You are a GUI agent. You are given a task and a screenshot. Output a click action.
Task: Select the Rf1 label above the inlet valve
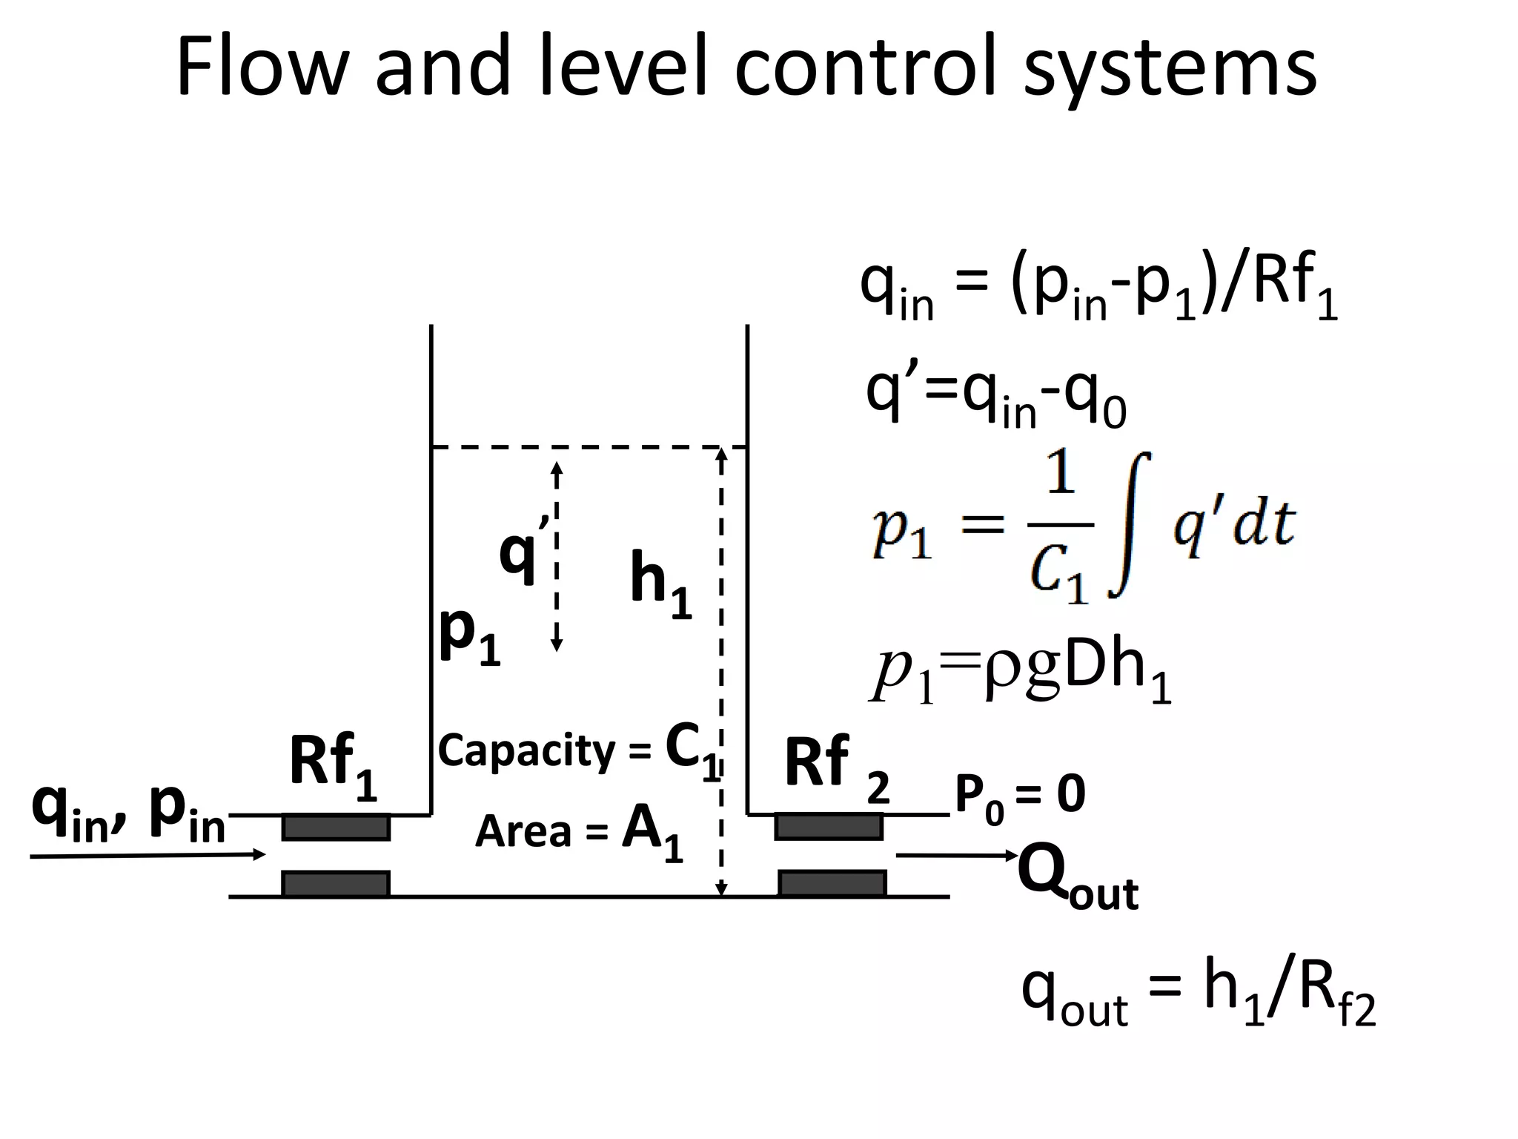pos(333,764)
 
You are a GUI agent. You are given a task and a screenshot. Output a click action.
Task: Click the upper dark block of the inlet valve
pos(336,827)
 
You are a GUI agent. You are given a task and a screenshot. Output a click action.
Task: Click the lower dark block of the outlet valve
pos(832,883)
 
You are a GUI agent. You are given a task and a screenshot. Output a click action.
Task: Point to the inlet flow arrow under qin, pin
pos(148,856)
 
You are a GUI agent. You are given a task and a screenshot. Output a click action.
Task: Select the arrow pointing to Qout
pos(956,856)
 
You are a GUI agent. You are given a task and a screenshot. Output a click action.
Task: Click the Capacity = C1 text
pos(578,750)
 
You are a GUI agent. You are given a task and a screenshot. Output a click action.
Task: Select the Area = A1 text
pos(578,831)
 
